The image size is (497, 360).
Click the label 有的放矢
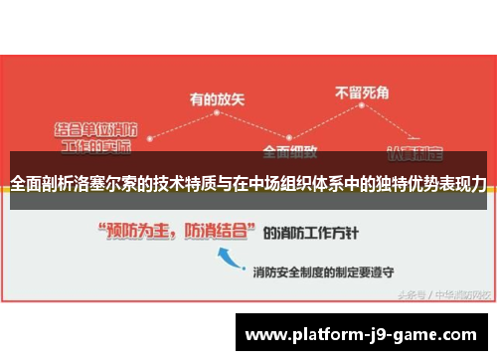[218, 98]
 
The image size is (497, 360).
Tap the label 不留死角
[363, 92]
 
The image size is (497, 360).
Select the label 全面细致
[290, 152]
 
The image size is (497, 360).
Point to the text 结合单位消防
[95, 129]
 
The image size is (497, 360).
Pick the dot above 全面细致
[290, 138]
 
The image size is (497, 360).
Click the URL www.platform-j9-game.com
[361, 334]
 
